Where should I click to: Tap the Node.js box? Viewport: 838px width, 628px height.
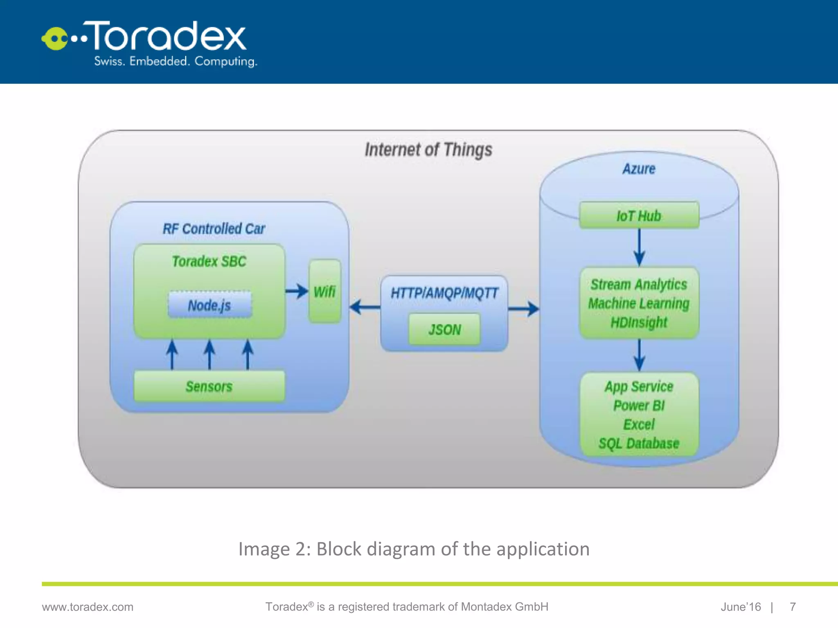[x=209, y=305]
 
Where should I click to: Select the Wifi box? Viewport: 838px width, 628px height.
[x=325, y=291]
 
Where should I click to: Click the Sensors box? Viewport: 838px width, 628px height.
[x=209, y=386]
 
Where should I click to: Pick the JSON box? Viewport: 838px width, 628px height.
[x=444, y=330]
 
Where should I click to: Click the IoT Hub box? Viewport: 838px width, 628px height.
[x=639, y=215]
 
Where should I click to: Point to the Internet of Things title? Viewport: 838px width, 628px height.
[x=428, y=150]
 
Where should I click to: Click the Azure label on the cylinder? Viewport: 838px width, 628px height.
[x=639, y=168]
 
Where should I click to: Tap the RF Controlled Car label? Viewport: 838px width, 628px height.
[x=214, y=229]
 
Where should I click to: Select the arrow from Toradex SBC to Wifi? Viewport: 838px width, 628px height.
[x=297, y=291]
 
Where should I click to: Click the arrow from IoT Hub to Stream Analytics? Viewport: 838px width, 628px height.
[x=639, y=247]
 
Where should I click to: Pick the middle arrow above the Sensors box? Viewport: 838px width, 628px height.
[x=209, y=354]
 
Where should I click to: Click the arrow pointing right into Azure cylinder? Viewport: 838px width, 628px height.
[x=524, y=309]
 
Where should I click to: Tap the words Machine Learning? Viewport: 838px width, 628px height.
[x=639, y=303]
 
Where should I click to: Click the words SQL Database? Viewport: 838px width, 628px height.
[x=639, y=443]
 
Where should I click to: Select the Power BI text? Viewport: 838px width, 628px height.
[x=639, y=405]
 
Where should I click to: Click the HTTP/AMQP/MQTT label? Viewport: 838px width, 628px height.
[x=444, y=293]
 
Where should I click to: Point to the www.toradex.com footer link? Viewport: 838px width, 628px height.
[x=88, y=607]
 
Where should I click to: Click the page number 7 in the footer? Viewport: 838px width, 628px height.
[x=793, y=607]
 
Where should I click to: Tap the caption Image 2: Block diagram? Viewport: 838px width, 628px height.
[x=414, y=549]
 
